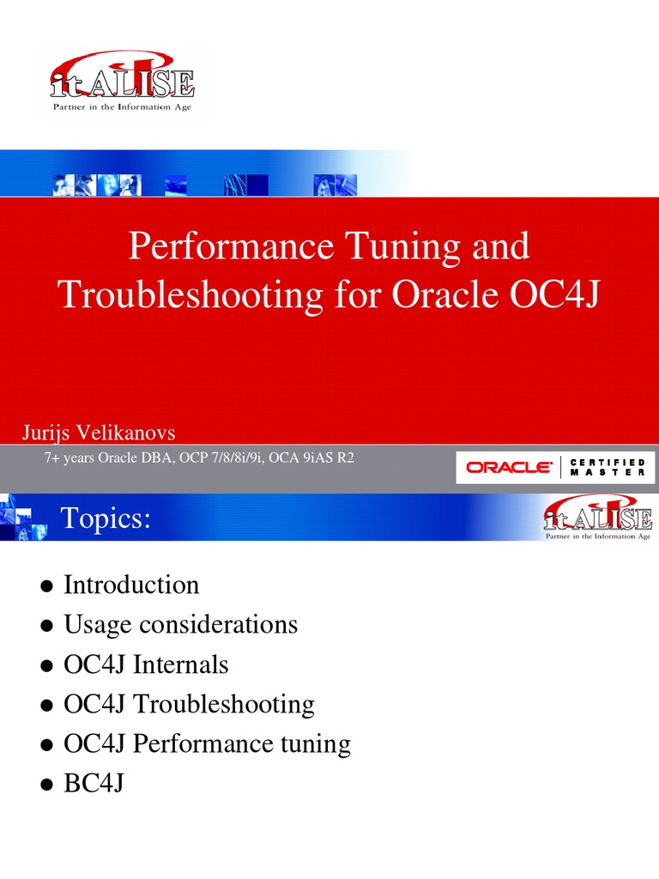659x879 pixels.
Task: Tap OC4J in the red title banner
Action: [x=549, y=295]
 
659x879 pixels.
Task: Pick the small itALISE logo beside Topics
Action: [x=599, y=517]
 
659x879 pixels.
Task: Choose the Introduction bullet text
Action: [x=131, y=585]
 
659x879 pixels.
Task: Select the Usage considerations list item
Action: [x=181, y=625]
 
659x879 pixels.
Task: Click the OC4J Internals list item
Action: [x=147, y=664]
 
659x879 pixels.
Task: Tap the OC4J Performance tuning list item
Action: [x=208, y=743]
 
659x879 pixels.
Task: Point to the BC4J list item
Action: [x=94, y=783]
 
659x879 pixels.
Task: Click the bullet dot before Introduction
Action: [x=46, y=587]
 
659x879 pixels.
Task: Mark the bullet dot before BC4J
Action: [x=46, y=785]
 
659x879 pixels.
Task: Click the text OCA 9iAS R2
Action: [x=311, y=458]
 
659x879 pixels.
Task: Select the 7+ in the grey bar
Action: [x=53, y=458]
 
